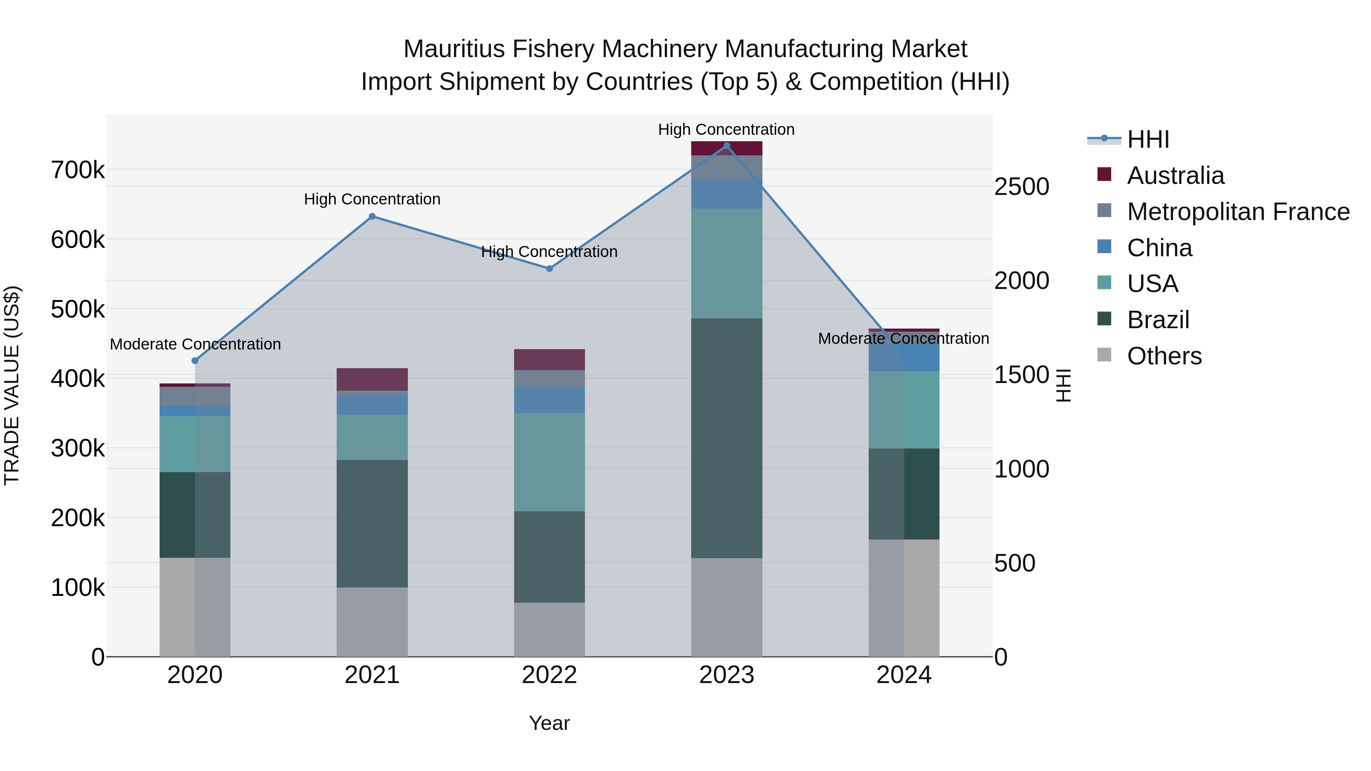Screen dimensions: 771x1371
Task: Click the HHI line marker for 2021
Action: (x=372, y=217)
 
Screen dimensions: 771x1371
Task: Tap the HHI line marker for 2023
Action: (x=727, y=146)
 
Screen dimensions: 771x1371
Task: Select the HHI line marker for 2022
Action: (x=549, y=269)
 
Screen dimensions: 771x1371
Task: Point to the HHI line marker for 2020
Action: (x=195, y=361)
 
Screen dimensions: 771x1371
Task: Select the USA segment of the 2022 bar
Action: (x=549, y=462)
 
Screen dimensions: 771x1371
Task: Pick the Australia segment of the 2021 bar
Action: (x=372, y=379)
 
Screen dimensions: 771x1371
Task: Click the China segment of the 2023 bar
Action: (x=727, y=194)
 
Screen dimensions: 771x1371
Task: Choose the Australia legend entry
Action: (x=1175, y=176)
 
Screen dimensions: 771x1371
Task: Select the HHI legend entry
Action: (x=1147, y=139)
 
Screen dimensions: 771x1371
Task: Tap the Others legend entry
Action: (x=1164, y=356)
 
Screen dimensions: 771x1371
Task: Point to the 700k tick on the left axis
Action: (x=78, y=171)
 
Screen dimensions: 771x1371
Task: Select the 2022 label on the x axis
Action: (x=549, y=675)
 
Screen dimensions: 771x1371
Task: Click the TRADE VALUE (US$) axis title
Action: (x=12, y=385)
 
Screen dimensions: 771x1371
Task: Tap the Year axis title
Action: (x=549, y=723)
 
